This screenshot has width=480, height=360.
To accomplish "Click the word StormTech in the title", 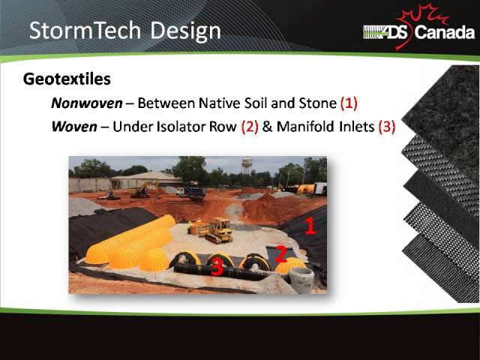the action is point(85,30).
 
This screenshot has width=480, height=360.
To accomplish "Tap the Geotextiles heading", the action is point(67,79).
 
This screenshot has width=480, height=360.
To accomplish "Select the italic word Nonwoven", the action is point(87,103).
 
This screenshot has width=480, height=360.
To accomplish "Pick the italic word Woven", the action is point(74,127).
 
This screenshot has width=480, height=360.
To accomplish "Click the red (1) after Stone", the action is point(349,103).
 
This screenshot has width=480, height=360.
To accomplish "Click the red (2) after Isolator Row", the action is point(250,127).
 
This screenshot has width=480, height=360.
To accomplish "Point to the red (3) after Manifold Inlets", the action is point(387,127).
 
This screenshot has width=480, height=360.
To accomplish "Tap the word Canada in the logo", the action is point(445,32).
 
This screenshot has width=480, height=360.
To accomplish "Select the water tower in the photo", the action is point(247,165).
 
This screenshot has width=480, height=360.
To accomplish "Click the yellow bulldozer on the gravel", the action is point(217,230).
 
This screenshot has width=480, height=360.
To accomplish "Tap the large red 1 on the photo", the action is point(310,226).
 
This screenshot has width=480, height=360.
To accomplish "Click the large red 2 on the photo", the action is point(281,253).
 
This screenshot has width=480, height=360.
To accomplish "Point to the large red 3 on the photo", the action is point(217,267).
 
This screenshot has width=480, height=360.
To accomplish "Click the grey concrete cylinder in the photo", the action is point(301,280).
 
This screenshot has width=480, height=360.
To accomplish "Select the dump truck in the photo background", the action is point(192,193).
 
